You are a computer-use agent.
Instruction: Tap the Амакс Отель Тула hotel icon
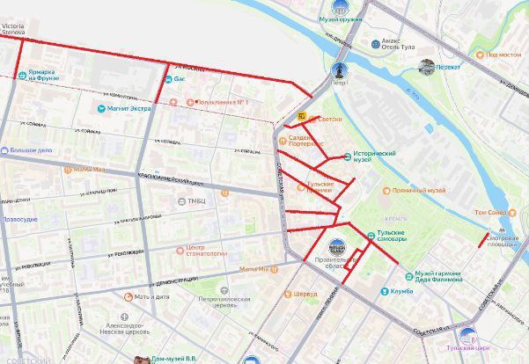click(376, 42)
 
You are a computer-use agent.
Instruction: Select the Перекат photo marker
click(427, 66)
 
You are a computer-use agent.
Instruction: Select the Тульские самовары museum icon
click(371, 235)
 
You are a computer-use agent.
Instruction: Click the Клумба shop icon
click(384, 292)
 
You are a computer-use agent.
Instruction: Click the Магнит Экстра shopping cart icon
click(101, 110)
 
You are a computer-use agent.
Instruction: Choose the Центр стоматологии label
click(208, 251)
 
